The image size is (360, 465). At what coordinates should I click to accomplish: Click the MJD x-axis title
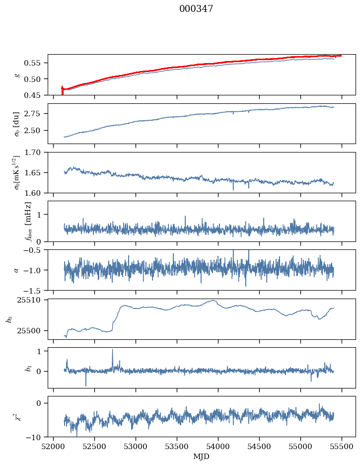click(x=201, y=457)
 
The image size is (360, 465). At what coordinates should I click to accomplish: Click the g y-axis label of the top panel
click(x=18, y=75)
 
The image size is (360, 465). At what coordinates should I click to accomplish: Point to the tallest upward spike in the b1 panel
click(x=112, y=350)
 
